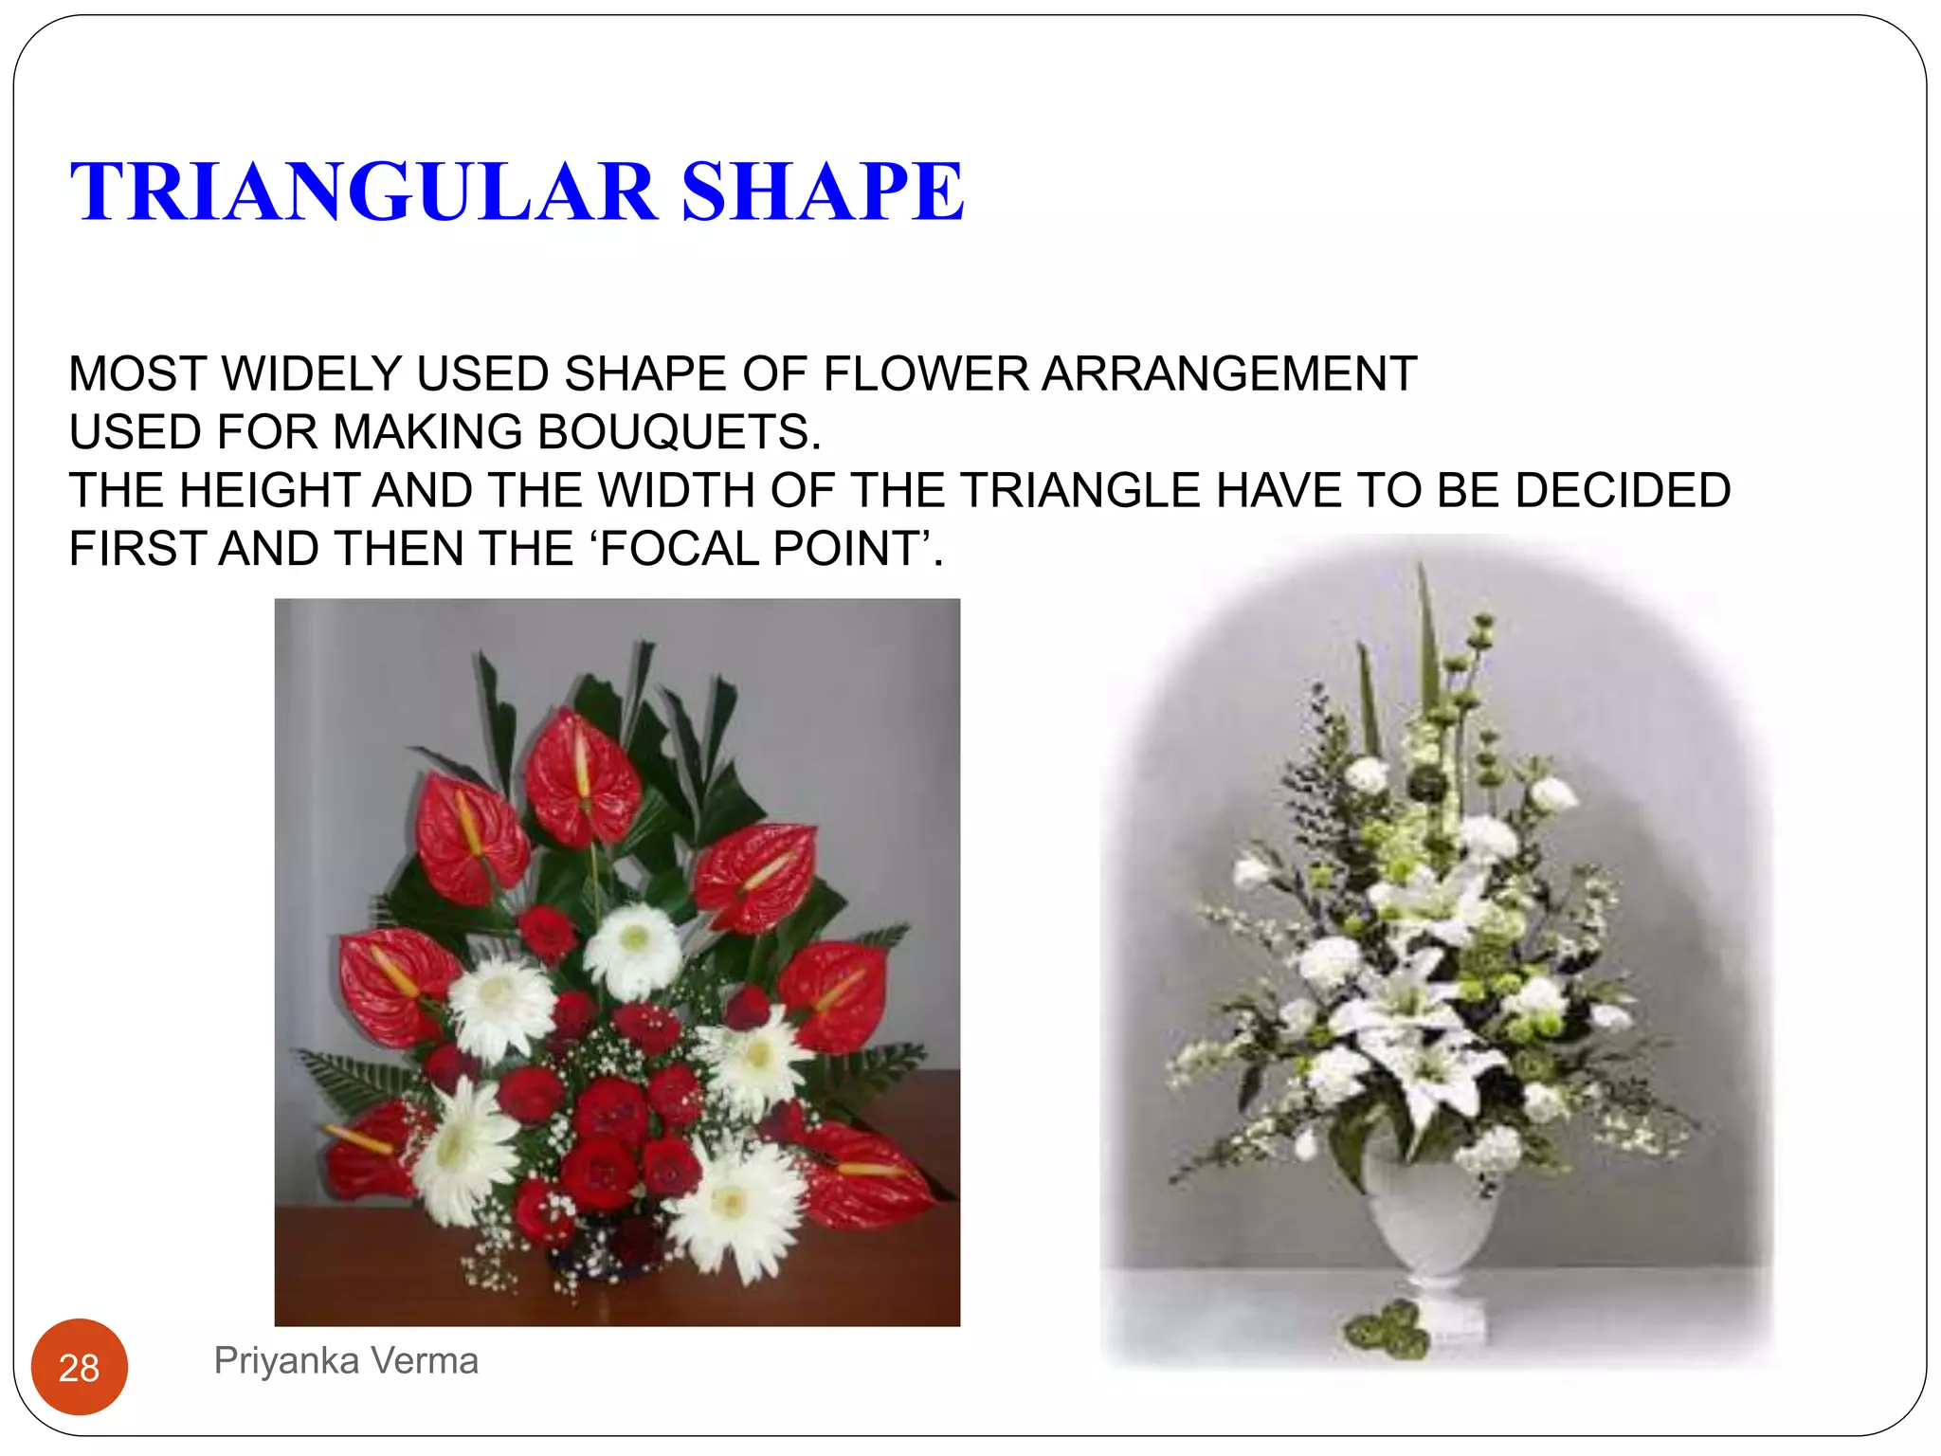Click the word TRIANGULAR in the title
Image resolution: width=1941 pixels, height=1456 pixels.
coord(364,192)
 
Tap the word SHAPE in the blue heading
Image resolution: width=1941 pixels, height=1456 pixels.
coord(823,192)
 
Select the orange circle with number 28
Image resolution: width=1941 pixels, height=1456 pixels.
coord(80,1367)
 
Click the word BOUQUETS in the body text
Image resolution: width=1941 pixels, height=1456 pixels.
coord(679,432)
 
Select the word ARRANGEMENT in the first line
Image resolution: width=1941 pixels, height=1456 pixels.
coord(1229,373)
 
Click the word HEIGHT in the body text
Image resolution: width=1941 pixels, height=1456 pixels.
coord(268,491)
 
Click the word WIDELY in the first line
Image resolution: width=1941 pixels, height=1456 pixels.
coord(312,373)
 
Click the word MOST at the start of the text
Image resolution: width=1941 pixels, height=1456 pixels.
coord(137,373)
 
